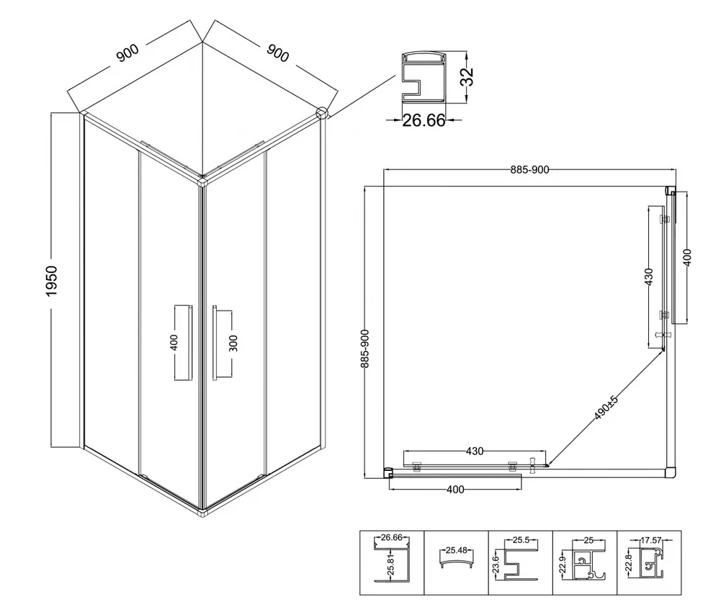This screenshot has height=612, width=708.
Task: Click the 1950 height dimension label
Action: pyautogui.click(x=52, y=281)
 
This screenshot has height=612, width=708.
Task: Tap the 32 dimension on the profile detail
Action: pyautogui.click(x=467, y=76)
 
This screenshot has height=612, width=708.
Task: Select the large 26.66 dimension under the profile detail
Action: pyautogui.click(x=424, y=120)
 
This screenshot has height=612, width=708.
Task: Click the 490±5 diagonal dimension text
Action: pyautogui.click(x=606, y=407)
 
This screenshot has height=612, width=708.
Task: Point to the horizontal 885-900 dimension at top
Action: pyautogui.click(x=529, y=170)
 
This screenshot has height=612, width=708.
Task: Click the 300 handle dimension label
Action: pyautogui.click(x=233, y=343)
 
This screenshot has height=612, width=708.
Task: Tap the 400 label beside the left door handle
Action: pyautogui.click(x=174, y=342)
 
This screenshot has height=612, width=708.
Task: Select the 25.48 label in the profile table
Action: pyautogui.click(x=456, y=550)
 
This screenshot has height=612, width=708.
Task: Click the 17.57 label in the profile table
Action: pyautogui.click(x=651, y=540)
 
